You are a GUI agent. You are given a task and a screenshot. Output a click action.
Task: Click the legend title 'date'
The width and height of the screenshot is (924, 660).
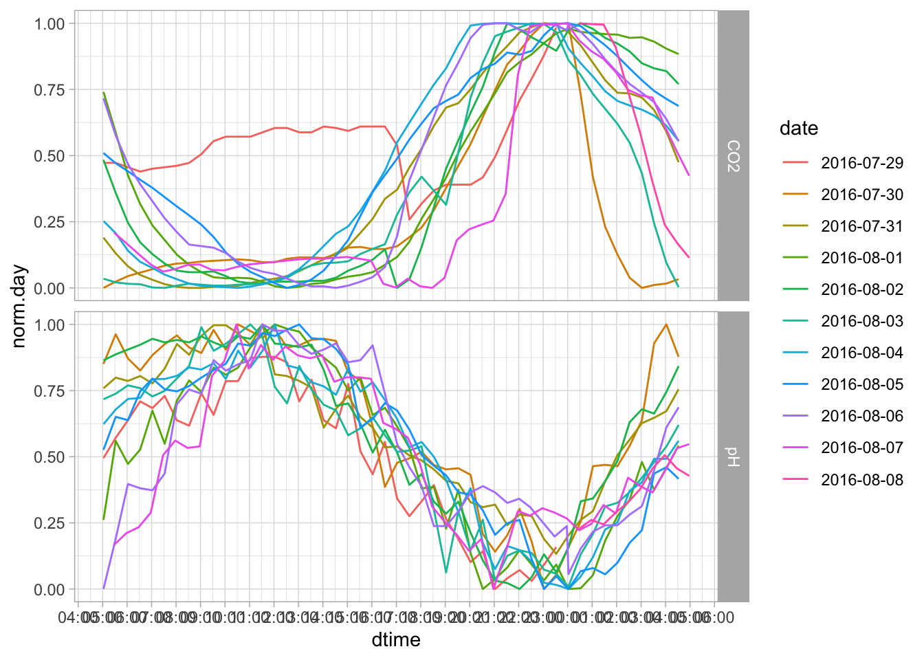799,129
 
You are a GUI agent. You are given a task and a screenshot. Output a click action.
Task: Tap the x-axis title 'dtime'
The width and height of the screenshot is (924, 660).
396,640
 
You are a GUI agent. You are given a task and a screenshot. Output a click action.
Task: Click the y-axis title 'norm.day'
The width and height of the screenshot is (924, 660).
19,306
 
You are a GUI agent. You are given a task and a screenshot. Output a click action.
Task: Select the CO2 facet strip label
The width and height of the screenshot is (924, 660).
734,155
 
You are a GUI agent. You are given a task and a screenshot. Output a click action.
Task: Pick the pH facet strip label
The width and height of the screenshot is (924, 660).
734,456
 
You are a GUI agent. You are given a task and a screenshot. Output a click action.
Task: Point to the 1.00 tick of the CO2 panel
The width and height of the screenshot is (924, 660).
49,24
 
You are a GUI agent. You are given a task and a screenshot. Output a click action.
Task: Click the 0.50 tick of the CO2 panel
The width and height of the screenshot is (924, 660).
49,156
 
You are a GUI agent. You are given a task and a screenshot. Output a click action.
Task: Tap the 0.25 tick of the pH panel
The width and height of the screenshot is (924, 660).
49,523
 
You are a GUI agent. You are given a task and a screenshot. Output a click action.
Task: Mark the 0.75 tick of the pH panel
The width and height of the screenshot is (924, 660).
49,391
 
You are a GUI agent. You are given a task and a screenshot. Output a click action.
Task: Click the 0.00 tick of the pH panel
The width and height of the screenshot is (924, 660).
49,589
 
